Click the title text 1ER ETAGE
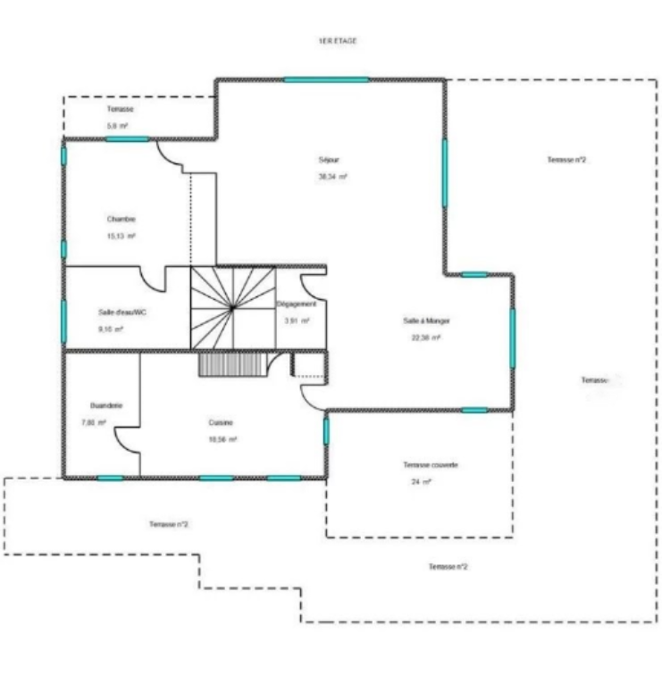337,41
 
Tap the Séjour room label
329,160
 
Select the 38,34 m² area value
331,177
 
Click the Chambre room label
121,219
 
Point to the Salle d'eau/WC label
122,312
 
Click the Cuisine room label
222,422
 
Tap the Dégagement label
297,304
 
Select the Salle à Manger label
423,320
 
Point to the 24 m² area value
421,482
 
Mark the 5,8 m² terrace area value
118,126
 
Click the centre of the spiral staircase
232,307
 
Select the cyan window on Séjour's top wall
326,80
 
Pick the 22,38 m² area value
426,337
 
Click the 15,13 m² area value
121,236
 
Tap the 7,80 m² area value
95,422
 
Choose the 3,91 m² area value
297,320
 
